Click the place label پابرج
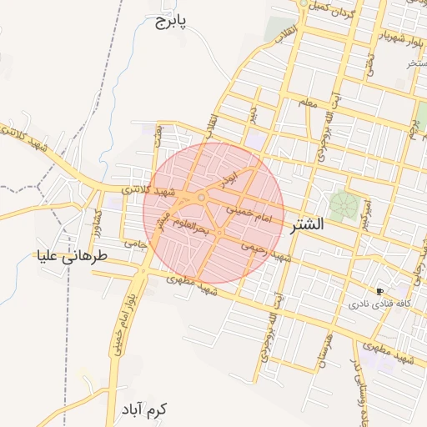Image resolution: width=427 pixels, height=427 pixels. [171, 20]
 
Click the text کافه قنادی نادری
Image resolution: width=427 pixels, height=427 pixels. [382, 304]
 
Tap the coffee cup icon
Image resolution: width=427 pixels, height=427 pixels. [380, 291]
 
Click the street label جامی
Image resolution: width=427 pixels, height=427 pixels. [135, 243]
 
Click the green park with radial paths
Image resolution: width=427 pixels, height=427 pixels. [339, 203]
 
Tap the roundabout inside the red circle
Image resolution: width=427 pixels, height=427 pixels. [203, 198]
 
